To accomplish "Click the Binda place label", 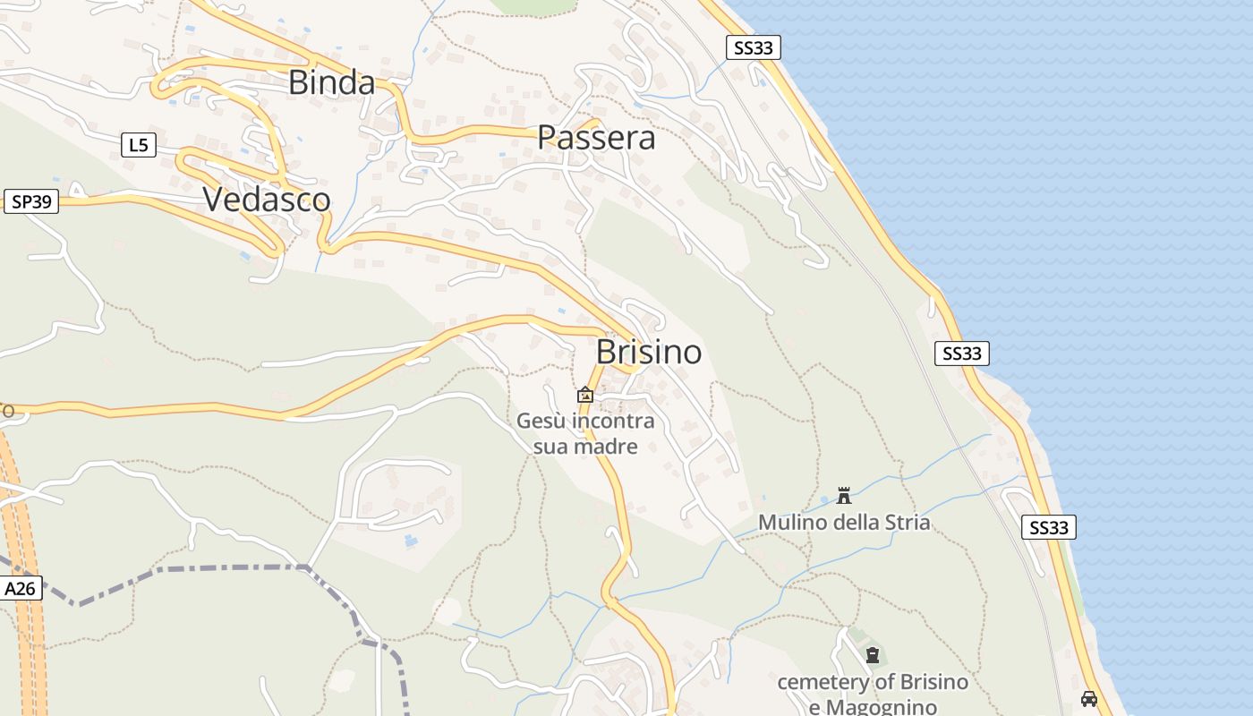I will click(331, 82).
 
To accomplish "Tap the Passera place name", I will click(596, 138).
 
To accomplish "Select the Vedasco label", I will click(267, 199).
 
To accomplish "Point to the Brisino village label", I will click(649, 352).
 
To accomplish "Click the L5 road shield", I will click(139, 144).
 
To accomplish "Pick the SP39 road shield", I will click(31, 201).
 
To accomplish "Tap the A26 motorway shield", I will click(20, 588).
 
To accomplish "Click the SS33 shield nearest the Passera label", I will click(753, 47).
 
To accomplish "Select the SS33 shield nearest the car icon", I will click(1048, 527).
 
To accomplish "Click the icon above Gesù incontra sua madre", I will click(585, 395).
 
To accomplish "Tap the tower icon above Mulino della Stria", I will click(843, 495).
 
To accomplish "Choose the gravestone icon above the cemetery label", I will click(873, 655).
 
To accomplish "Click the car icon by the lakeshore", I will click(1089, 698).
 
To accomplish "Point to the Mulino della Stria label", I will click(844, 522).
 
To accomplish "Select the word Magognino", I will click(881, 707).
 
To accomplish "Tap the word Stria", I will click(907, 522).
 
